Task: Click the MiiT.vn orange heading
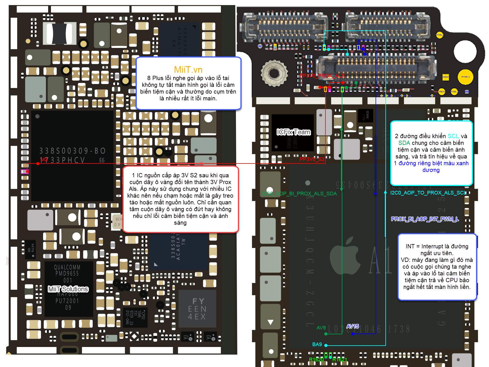pos(188,70)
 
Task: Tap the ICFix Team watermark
pos(294,132)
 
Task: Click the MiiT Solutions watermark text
pos(68,289)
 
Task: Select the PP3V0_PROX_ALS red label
pos(322,76)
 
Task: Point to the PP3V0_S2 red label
pos(312,159)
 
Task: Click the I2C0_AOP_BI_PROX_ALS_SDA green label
pos(299,194)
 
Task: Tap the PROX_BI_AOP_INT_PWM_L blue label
pos(425,219)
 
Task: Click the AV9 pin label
pos(321,328)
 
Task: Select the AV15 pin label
pos(352,326)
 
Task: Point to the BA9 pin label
pos(317,344)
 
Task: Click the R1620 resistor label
pos(316,360)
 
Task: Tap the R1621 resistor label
pos(340,360)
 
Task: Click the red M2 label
pos(44,160)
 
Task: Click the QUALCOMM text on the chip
pos(67,267)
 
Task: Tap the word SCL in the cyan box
pos(453,136)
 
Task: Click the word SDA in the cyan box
pos(404,143)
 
